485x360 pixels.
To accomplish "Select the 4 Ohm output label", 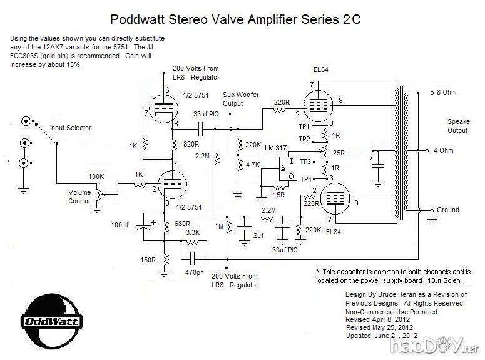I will point(446,150).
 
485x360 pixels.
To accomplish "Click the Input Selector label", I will point(71,128).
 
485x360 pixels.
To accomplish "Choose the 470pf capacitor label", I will point(193,272).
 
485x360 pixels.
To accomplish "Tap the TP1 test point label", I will point(305,126).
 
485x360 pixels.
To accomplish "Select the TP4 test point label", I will point(305,179).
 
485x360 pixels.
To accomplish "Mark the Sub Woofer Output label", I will point(241,99).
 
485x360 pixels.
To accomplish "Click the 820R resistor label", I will point(191,143).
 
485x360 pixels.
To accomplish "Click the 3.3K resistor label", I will point(193,232).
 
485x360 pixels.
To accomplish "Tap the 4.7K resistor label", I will point(253,165).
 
